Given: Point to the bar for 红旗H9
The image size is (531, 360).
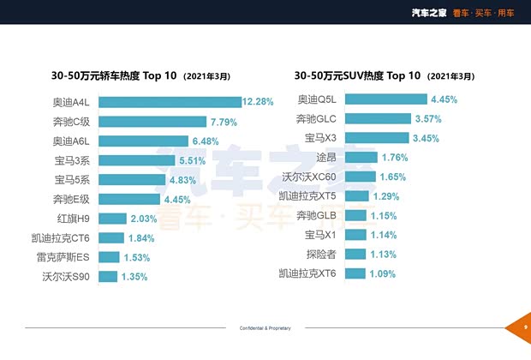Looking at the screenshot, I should tap(115, 219).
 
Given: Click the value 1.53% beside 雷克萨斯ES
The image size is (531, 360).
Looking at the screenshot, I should tap(137, 257).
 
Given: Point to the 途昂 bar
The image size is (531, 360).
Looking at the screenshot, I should tap(360, 158).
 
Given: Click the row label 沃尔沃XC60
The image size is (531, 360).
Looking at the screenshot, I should tap(311, 177).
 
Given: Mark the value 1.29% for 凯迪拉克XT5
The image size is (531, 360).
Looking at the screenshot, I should tap(385, 196).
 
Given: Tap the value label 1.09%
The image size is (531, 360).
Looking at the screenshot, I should tap(383, 273).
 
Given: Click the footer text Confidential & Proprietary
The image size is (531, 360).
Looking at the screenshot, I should tap(265, 328).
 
